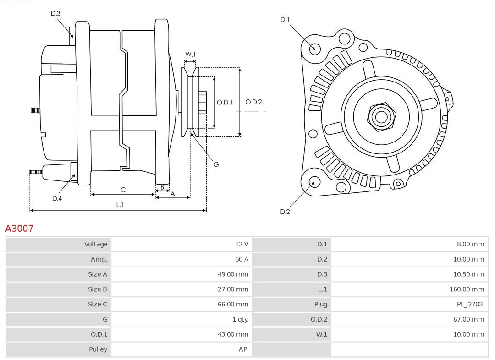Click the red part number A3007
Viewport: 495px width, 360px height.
19,228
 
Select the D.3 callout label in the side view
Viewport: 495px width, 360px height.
55,14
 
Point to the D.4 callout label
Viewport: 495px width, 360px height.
57,198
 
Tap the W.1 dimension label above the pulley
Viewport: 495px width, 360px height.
190,54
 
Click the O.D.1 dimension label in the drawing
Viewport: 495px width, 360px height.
225,102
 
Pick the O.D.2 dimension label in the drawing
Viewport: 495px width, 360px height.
253,102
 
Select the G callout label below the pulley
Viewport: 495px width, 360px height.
216,164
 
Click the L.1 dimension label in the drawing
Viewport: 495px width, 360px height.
119,205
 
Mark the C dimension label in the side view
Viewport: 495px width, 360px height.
123,190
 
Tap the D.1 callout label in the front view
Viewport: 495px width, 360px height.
285,19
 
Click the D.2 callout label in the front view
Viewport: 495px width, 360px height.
285,212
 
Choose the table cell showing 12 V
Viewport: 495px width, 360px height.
242,244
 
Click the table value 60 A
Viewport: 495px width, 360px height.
242,259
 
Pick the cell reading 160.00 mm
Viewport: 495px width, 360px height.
467,289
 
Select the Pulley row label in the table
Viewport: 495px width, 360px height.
98,349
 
